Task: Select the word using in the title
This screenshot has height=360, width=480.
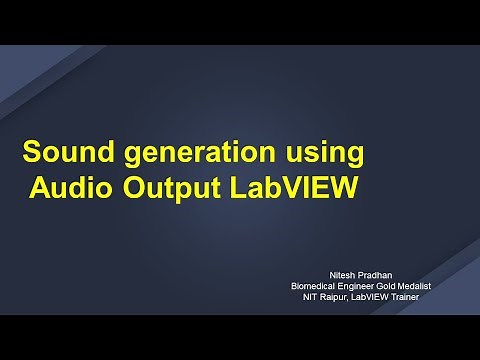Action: point(322,156)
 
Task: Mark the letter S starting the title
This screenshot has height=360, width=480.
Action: point(32,153)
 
